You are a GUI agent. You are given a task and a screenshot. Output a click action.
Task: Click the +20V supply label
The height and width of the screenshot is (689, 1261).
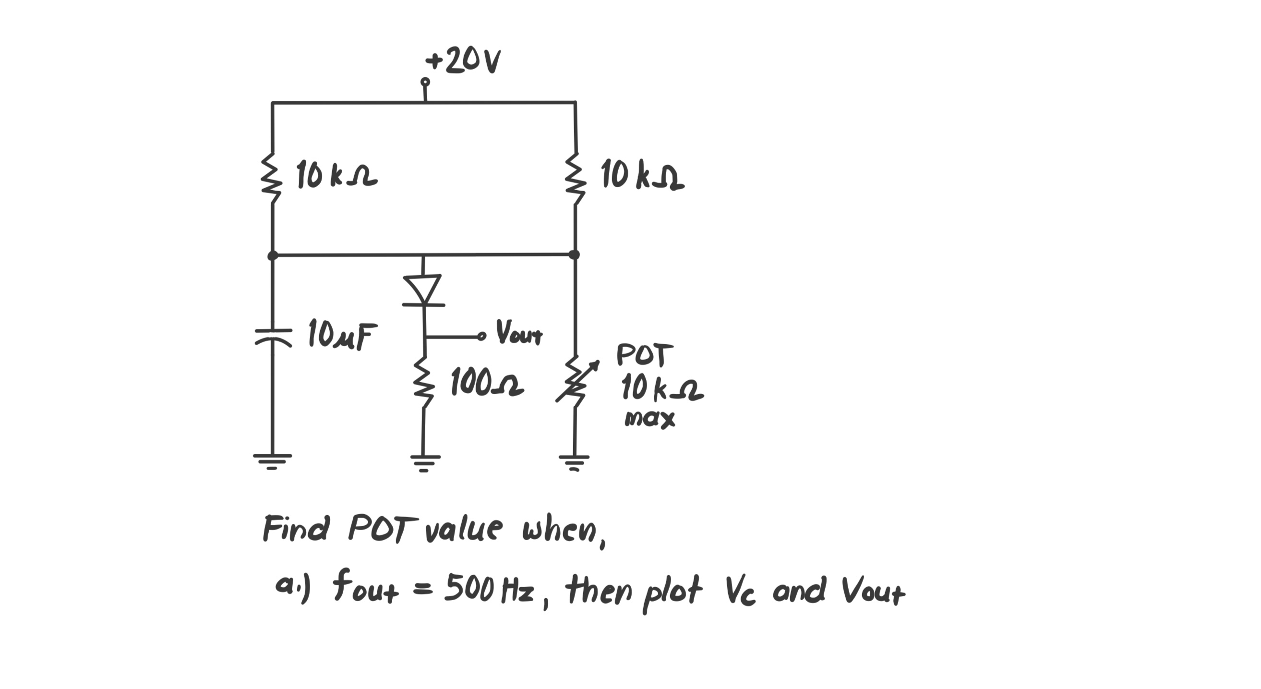pos(463,61)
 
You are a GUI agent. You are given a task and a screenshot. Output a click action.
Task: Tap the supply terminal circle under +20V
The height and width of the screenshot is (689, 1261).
pos(425,82)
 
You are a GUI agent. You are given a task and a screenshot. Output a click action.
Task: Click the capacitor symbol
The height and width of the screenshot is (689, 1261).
pos(273,337)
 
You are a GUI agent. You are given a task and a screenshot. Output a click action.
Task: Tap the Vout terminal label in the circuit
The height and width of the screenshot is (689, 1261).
pos(519,333)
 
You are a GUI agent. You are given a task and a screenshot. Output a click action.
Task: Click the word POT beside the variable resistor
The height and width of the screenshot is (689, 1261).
pos(645,355)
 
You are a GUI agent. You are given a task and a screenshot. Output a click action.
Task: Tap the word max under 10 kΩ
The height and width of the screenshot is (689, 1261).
pos(649,419)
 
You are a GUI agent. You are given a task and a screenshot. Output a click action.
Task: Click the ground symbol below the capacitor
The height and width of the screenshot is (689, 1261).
pos(272,460)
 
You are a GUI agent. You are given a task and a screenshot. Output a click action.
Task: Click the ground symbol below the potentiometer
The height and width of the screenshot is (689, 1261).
pos(574,462)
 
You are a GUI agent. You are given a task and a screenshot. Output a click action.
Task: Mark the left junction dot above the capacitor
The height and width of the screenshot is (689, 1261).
pos(273,255)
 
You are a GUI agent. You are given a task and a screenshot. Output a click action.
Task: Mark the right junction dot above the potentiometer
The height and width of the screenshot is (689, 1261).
pos(575,254)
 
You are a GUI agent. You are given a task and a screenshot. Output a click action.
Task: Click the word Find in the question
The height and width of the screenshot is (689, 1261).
pos(295,528)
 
